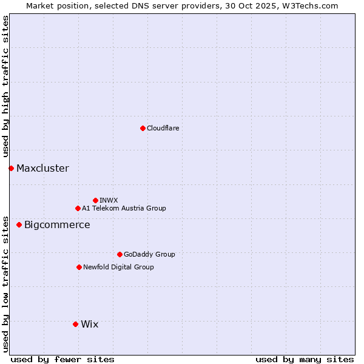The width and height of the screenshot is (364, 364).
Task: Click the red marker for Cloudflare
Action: [143, 128]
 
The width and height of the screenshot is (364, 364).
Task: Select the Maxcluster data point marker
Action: [11, 168]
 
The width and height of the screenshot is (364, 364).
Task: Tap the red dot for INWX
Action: [95, 200]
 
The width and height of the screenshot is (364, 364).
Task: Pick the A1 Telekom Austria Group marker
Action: [78, 208]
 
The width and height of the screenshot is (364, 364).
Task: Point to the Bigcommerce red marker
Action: [19, 224]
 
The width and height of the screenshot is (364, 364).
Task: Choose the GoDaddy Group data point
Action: [120, 254]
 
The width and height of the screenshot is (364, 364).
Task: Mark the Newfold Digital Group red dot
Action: [79, 267]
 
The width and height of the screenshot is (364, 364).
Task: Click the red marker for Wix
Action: [75, 324]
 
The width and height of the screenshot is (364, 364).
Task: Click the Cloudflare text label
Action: [163, 128]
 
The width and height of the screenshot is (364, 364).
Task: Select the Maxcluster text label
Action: [42, 168]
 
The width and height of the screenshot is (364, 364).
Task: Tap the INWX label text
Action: [109, 200]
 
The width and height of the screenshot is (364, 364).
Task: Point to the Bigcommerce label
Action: [57, 224]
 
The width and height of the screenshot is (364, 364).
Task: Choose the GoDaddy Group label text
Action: [149, 254]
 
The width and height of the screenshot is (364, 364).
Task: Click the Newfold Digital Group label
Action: [118, 267]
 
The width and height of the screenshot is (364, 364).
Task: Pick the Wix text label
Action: [89, 324]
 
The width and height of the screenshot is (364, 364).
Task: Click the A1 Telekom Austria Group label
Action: [124, 208]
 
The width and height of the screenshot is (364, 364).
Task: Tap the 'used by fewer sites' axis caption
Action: [62, 359]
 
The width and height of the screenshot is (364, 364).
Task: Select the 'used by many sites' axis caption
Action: [305, 359]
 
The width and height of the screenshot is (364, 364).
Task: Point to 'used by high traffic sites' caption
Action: [5, 87]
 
